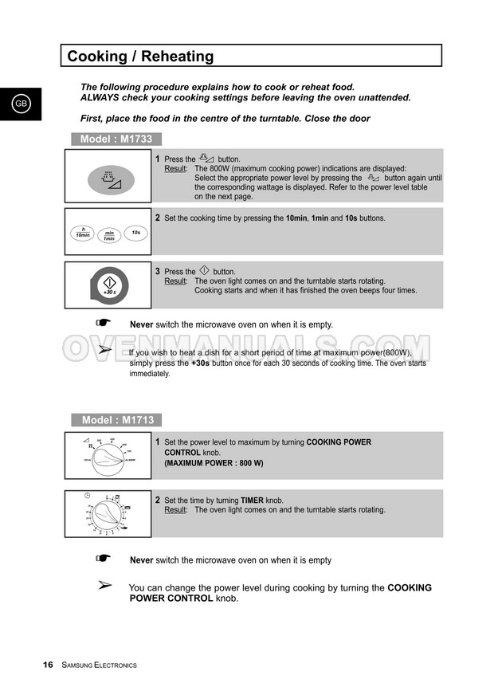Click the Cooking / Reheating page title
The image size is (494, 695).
coord(140,57)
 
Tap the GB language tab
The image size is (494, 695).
coord(20,104)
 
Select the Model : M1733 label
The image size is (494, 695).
coord(116,139)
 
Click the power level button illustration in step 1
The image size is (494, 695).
coord(111,180)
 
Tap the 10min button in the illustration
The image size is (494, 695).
coord(82,232)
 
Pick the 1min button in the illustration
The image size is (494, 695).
coord(109,235)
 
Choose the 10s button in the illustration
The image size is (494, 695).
coord(136,232)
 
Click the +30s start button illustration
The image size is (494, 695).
coord(110,286)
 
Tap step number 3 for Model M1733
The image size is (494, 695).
coord(158,272)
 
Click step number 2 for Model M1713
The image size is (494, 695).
coord(158,501)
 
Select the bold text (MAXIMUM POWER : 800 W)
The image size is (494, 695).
coord(214,463)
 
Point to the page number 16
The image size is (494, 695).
coord(48,665)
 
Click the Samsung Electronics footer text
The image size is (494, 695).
coord(99,666)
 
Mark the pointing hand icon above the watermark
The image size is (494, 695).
coord(102,323)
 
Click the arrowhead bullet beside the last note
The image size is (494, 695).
coord(104,586)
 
